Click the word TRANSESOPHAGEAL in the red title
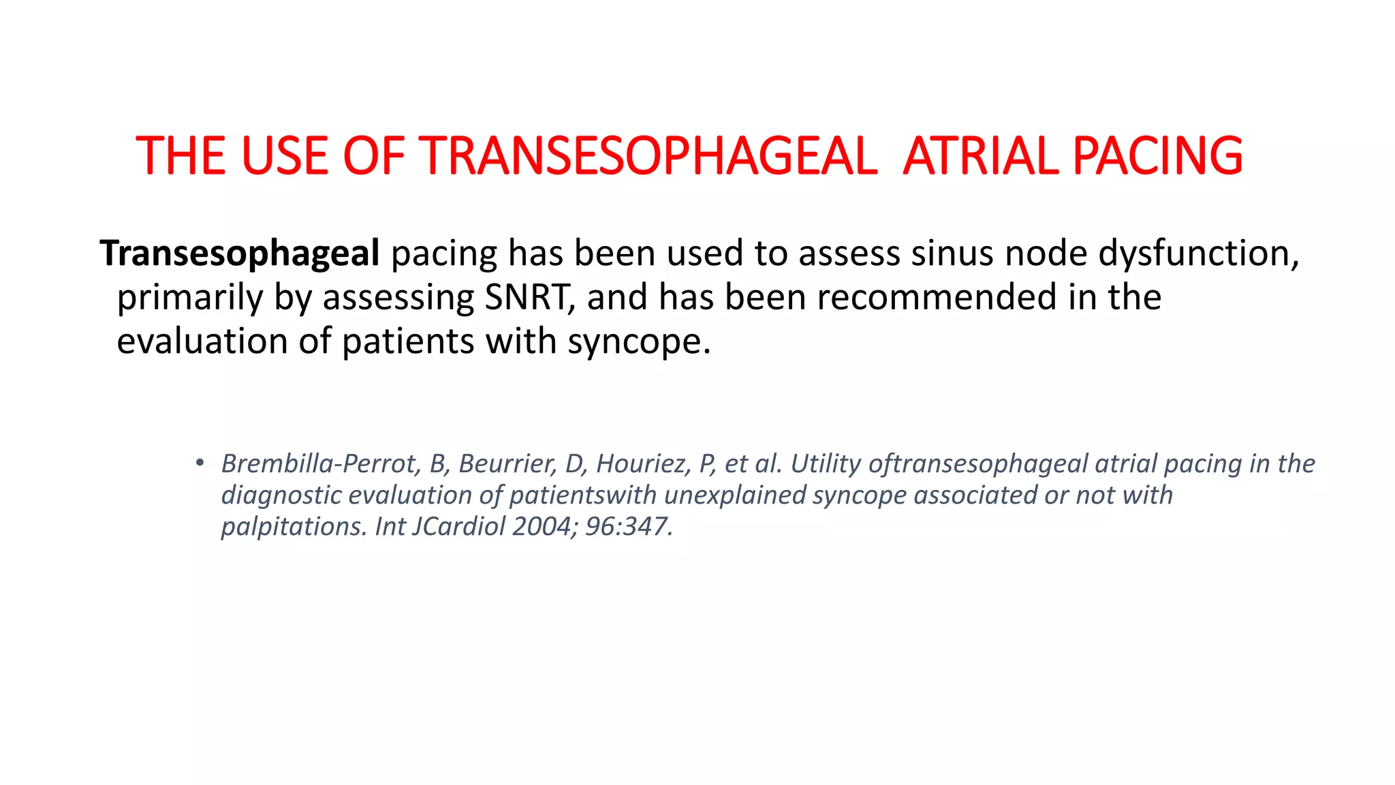coord(651,156)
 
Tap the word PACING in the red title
coord(1157,156)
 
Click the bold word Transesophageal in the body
coord(240,253)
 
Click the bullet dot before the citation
coord(199,463)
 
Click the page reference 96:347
coord(628,526)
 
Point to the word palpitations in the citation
coord(294,526)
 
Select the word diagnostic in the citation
coord(281,495)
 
